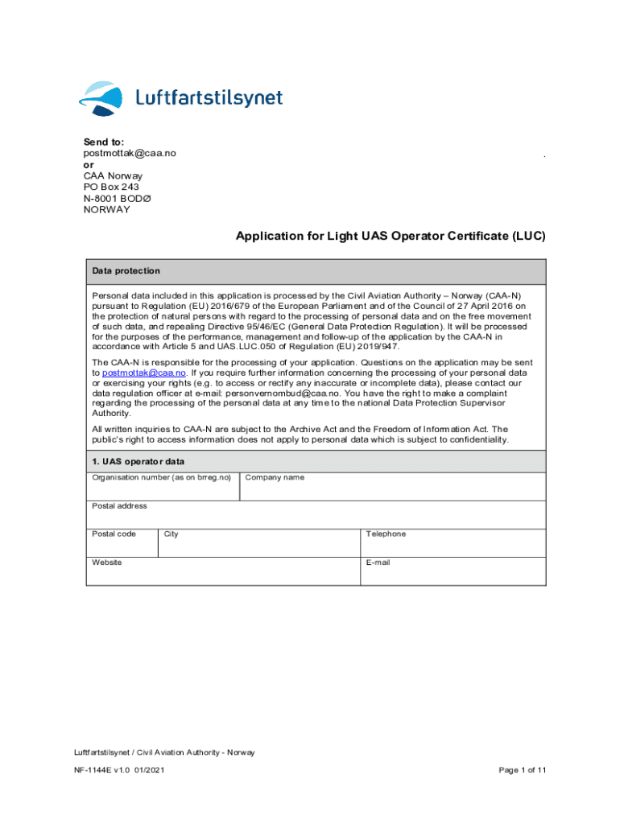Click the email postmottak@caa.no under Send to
coord(130,153)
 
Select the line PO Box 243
coord(111,187)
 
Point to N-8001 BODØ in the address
coord(117,198)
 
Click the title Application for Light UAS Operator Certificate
coord(391,237)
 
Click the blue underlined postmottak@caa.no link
coord(145,373)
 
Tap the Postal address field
coord(316,515)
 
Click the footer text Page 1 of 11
coord(523,770)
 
